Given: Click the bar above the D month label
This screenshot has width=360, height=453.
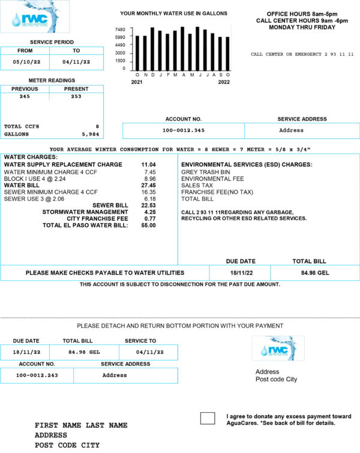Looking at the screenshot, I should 152,48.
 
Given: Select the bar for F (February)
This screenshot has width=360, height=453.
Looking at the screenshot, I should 167,51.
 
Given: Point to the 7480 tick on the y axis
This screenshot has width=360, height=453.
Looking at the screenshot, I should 119,29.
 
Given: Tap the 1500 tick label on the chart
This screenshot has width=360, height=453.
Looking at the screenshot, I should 120,61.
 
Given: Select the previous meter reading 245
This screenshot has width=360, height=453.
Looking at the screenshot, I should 25,96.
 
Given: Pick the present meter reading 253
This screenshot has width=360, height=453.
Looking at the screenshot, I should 76,96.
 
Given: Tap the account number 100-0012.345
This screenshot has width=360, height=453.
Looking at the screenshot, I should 184,130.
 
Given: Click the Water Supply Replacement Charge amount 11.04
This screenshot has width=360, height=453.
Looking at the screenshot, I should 148,164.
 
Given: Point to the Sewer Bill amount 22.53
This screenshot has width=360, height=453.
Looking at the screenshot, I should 148,205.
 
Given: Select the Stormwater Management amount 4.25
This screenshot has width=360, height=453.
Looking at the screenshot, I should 150,212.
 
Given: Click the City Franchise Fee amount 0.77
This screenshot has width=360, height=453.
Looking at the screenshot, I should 150,218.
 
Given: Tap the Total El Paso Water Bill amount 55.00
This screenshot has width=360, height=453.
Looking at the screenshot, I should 148,226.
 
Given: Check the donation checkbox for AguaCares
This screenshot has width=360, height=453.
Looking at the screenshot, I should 207,418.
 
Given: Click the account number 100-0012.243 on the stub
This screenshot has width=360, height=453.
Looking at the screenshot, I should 37,375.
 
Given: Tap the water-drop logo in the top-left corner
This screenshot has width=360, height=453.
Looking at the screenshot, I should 34,17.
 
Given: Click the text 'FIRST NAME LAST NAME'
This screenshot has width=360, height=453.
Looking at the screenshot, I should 81,425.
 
